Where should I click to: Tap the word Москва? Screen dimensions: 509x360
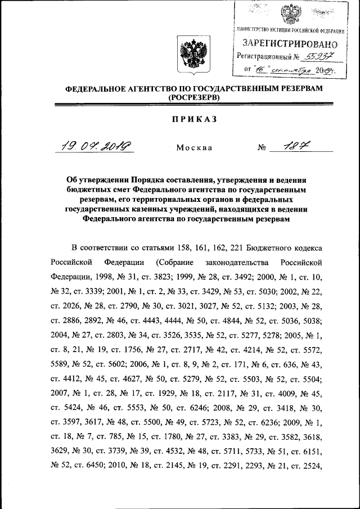tap(194, 148)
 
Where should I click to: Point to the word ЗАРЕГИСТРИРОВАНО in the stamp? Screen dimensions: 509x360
tap(290, 43)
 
